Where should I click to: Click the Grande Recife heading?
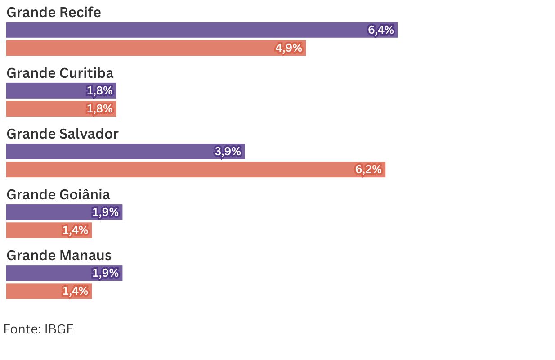54,13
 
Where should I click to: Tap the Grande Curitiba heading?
60,73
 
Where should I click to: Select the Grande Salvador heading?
63,134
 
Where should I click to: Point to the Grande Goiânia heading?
58,194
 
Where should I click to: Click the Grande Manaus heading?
59,255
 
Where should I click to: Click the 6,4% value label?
381,30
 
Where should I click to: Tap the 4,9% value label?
289,48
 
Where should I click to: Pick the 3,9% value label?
228,152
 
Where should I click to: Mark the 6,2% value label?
369,170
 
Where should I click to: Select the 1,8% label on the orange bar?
99,109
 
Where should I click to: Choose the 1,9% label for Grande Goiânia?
106,212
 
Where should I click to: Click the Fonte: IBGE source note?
39,329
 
